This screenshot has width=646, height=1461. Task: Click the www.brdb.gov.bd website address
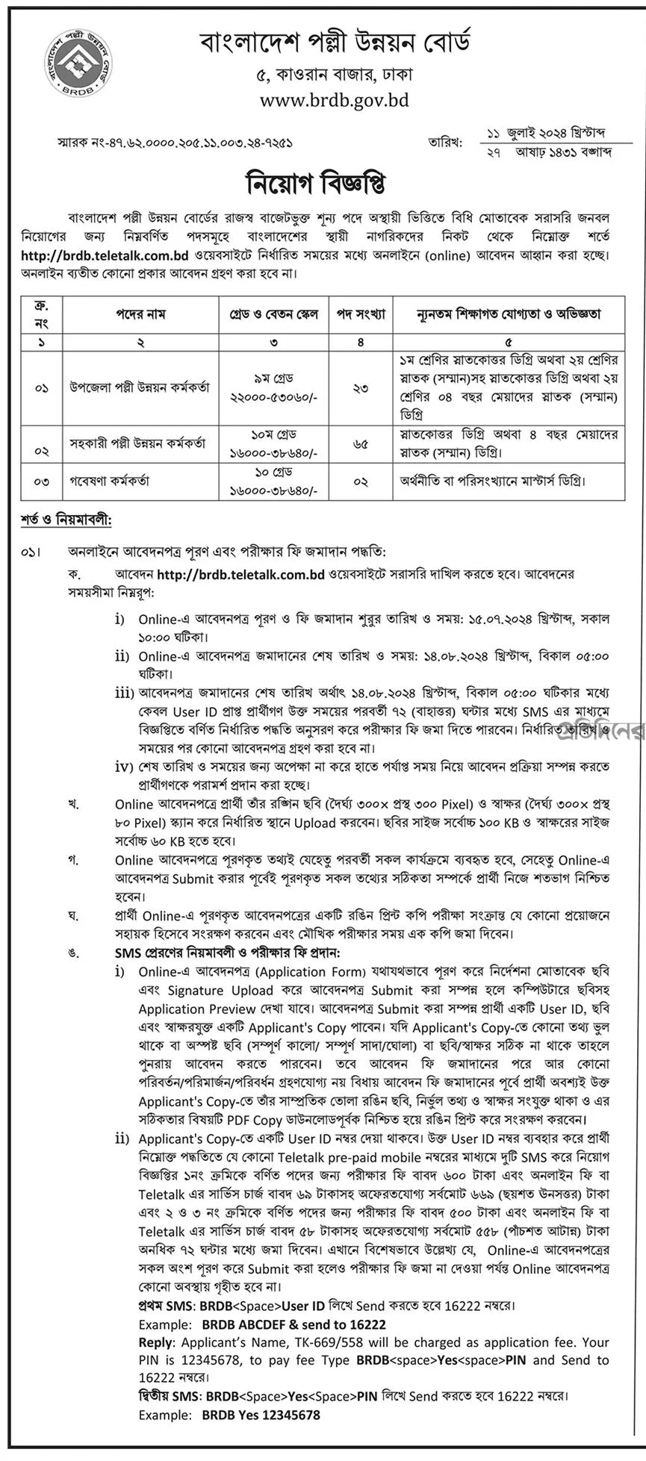(335, 99)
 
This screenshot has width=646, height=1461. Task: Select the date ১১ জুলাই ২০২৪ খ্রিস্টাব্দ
(548, 134)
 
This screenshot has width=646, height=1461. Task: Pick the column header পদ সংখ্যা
(361, 314)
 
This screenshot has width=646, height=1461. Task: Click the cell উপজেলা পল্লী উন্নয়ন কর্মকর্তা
(140, 387)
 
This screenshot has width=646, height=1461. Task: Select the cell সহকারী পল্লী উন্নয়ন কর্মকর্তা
(140, 443)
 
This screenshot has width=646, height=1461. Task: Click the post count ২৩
(361, 387)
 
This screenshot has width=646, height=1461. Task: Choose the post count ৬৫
(361, 443)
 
